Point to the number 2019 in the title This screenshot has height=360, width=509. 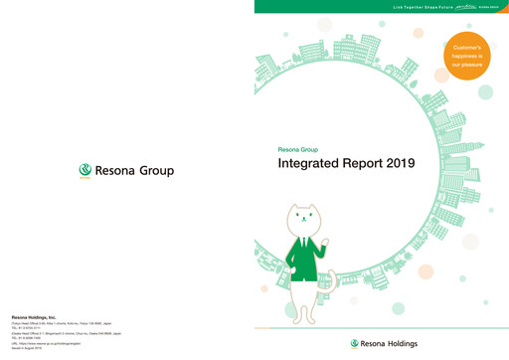point(396,162)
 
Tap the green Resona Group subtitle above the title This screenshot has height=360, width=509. point(300,148)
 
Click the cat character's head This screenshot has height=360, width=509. point(307,221)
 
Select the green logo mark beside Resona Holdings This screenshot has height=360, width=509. point(355,344)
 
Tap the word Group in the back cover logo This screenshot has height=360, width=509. point(156,171)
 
